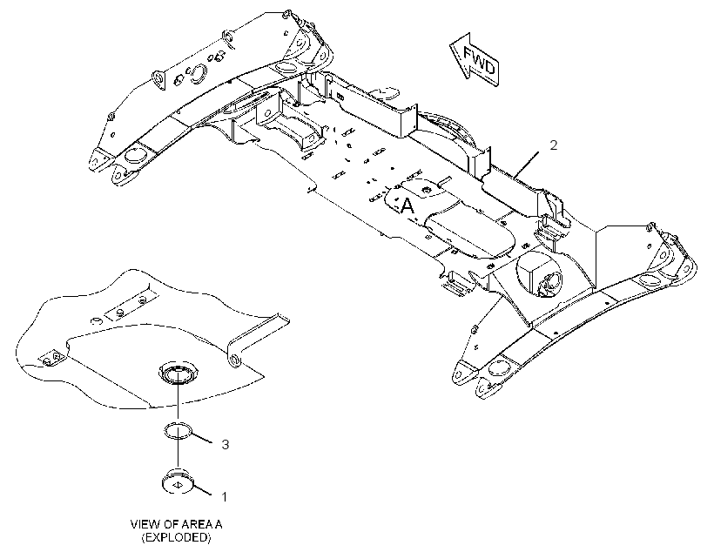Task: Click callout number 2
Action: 553,145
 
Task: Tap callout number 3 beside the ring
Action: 226,444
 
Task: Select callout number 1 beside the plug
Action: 224,496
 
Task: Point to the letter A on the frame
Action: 408,206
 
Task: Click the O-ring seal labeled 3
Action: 178,430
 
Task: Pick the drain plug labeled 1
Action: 178,481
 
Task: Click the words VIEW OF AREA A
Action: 176,524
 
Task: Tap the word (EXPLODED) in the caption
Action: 176,537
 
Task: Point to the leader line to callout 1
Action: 202,489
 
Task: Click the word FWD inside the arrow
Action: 479,60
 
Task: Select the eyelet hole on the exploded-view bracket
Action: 234,360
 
